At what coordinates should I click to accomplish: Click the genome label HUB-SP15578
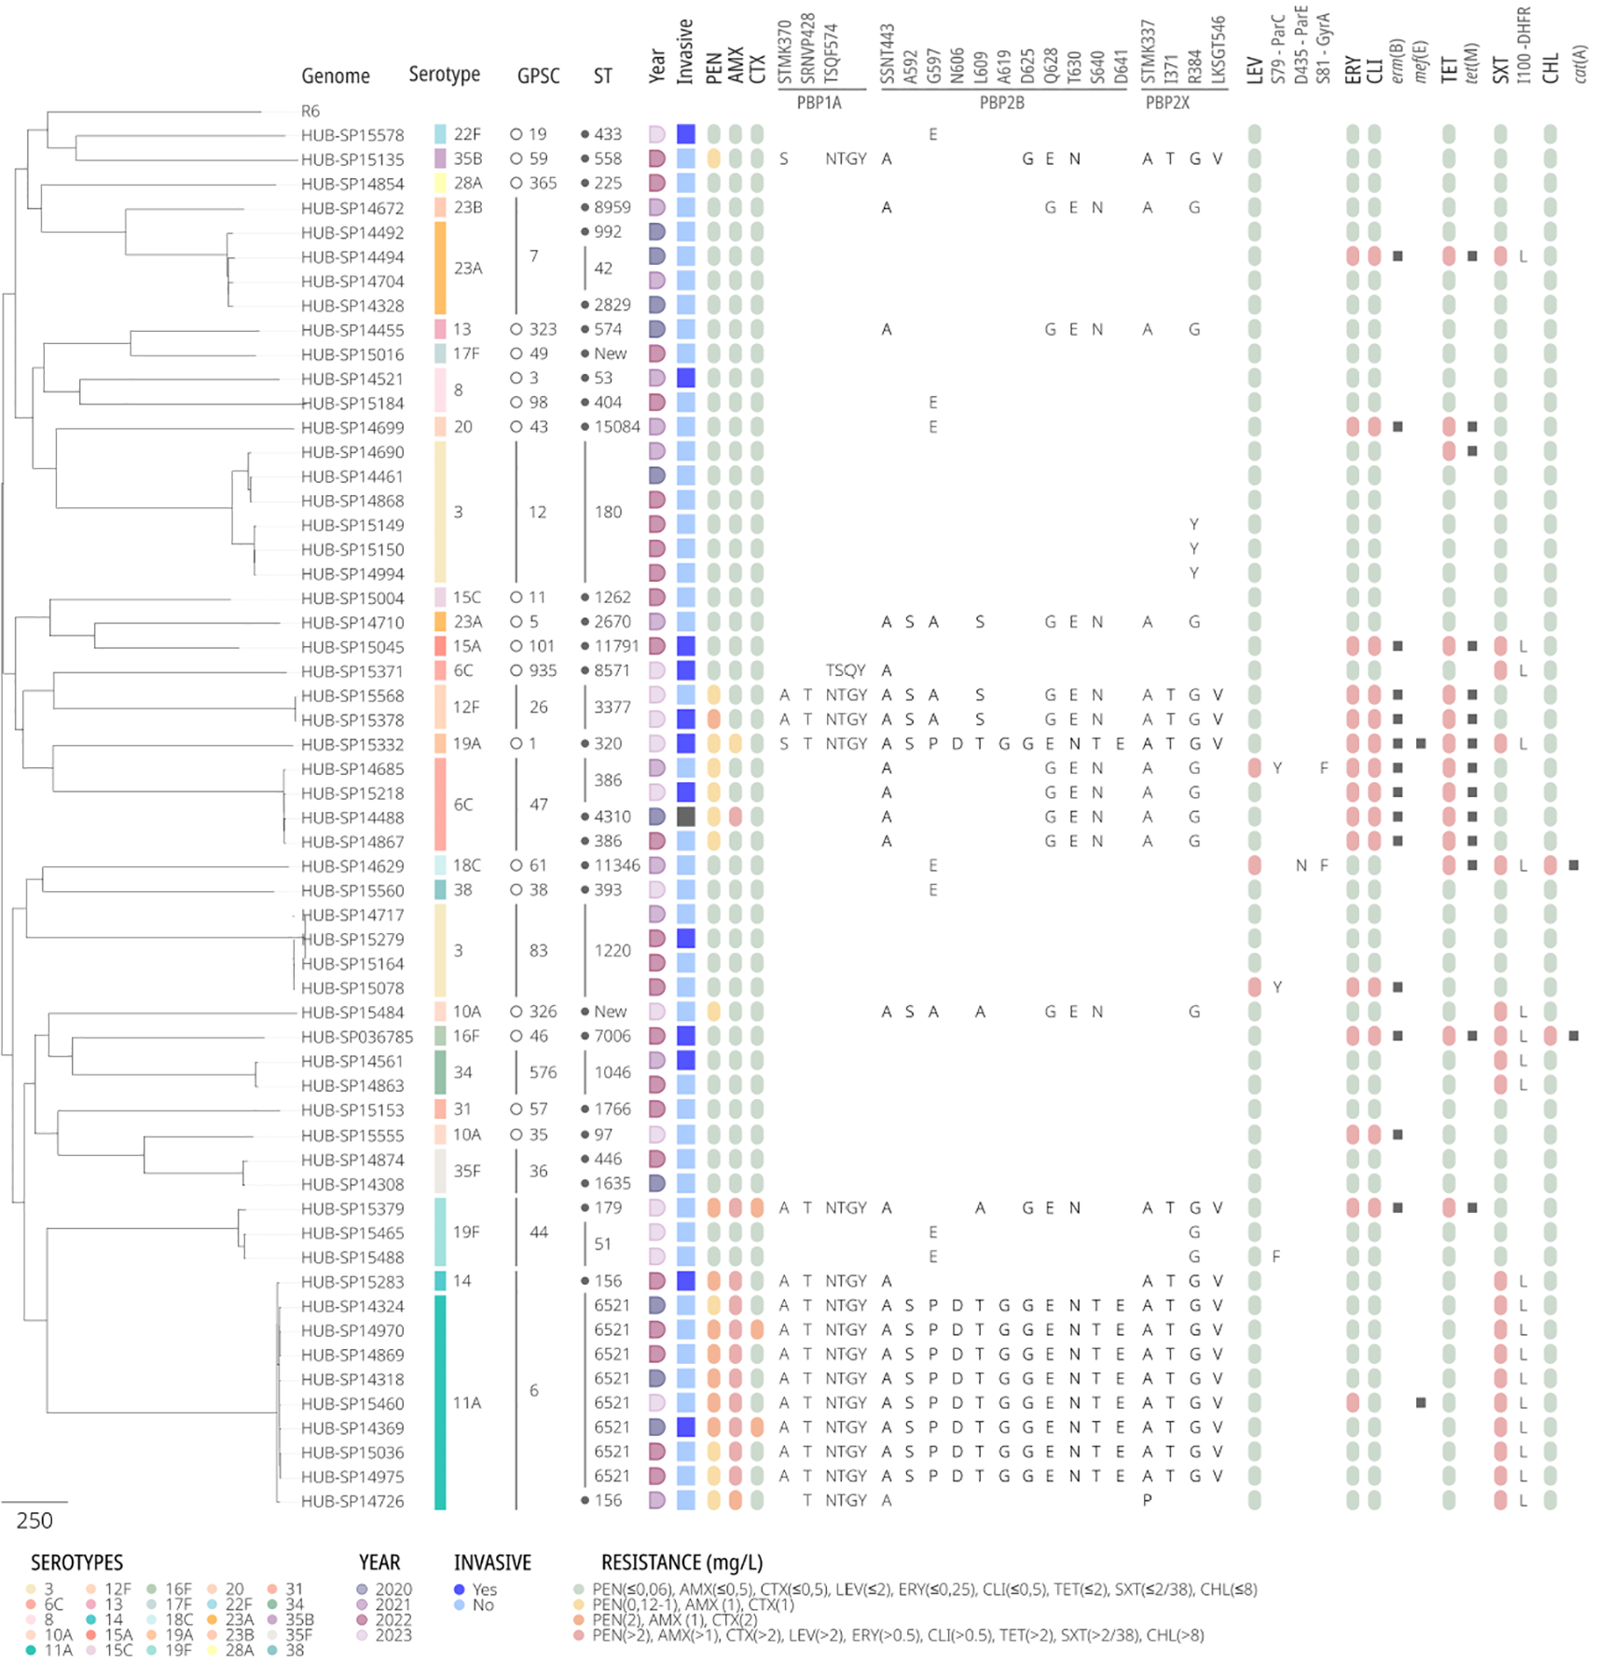coord(351,135)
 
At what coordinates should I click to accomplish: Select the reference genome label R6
coord(310,111)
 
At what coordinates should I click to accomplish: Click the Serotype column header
coord(444,75)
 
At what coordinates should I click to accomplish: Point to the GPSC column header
coord(538,76)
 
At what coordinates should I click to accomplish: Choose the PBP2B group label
coord(1001,103)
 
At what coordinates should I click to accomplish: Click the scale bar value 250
coord(34,1521)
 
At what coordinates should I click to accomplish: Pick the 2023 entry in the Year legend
coord(392,1635)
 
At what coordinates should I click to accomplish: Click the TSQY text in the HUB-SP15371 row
coord(846,670)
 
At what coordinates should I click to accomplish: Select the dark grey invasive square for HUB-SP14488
coord(686,817)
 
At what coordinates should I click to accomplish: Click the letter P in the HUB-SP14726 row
coord(1147,1500)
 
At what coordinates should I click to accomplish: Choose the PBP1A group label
coord(819,103)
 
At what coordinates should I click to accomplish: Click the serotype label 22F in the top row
coord(467,134)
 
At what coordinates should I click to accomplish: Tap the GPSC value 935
coord(543,670)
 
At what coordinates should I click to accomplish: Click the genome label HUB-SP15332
coord(351,745)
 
